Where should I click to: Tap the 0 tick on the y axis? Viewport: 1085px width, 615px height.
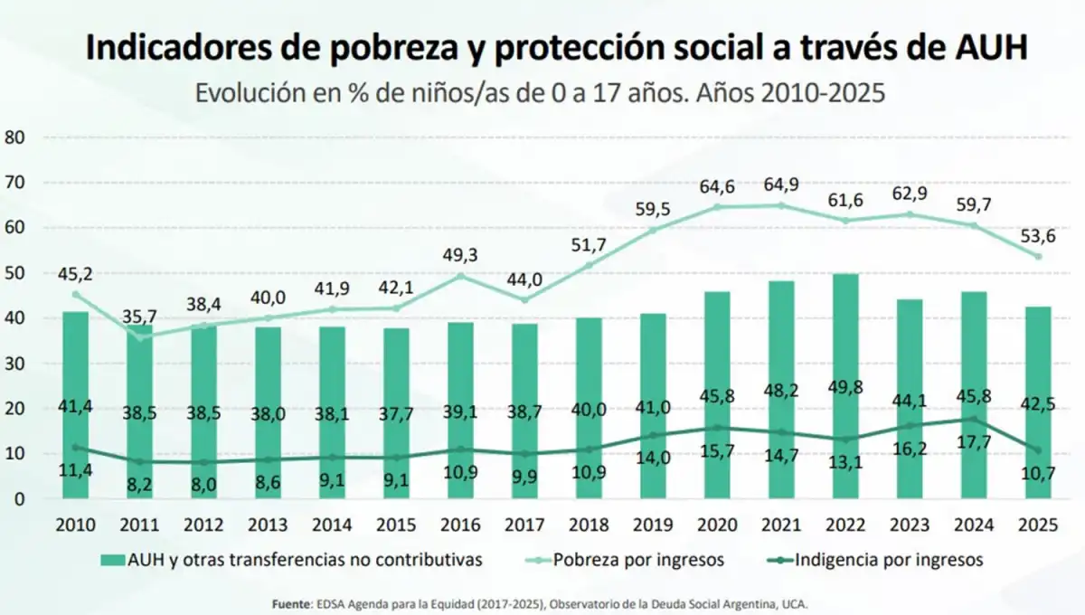(x=17, y=499)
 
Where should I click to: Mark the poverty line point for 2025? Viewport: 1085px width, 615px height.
(x=1038, y=257)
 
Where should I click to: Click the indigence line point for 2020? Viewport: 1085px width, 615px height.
(x=718, y=428)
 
